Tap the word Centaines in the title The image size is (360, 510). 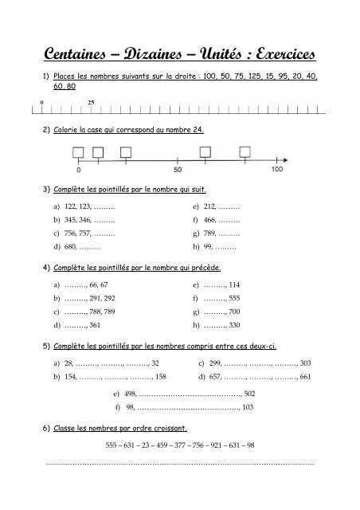pyautogui.click(x=80, y=54)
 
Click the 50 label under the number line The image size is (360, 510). pyautogui.click(x=178, y=170)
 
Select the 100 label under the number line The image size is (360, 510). pyautogui.click(x=277, y=170)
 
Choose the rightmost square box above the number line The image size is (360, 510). pyautogui.click(x=241, y=151)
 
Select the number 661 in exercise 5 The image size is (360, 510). pyautogui.click(x=305, y=376)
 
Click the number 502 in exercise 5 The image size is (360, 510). pyautogui.click(x=248, y=394)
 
